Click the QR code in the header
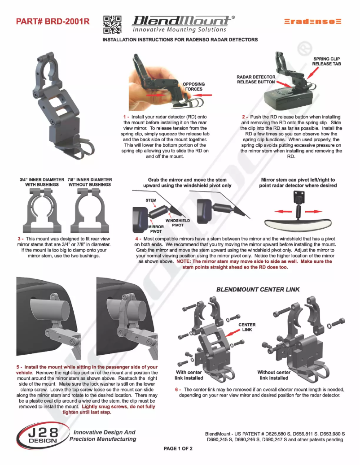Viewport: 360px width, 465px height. point(112,25)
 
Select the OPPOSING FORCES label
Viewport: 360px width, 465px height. point(193,87)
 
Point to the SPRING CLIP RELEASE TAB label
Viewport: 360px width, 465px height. point(326,61)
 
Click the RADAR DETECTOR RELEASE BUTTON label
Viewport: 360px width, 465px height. point(255,79)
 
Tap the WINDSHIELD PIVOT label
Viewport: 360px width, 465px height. point(178,223)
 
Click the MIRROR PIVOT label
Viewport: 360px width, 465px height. point(156,229)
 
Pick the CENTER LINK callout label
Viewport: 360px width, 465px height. point(247,327)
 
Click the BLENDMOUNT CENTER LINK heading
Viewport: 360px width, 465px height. point(258,290)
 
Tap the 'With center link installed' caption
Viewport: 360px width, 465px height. point(189,375)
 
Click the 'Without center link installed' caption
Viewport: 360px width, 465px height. point(273,375)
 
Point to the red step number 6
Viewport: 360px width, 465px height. point(176,390)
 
